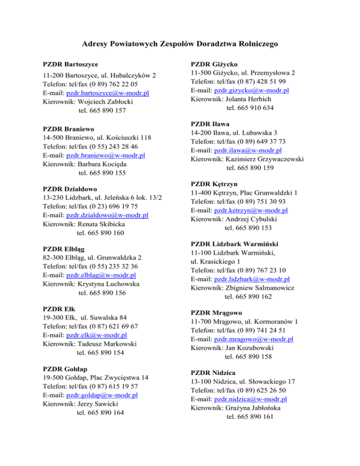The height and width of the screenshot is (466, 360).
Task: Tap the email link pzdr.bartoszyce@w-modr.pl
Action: coord(108,93)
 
